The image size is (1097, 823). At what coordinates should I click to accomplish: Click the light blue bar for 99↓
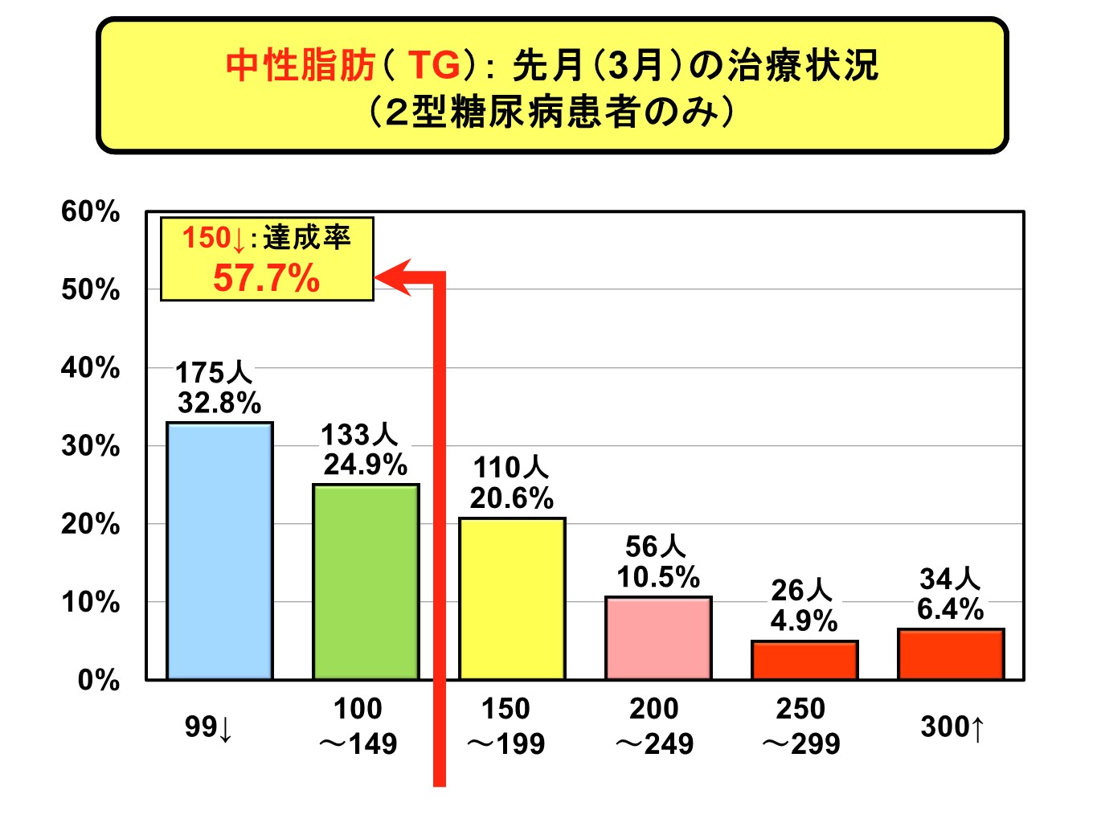click(x=219, y=551)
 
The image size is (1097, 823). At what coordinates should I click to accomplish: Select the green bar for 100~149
click(x=366, y=582)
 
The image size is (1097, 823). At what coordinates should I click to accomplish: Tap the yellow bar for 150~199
click(x=512, y=599)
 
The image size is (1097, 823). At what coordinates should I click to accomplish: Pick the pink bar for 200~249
click(x=658, y=638)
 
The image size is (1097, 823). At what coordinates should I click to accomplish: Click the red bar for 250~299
click(x=804, y=660)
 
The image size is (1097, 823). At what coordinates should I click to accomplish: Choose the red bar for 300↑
click(x=951, y=654)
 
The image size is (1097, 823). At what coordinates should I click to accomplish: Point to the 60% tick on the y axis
click(x=90, y=211)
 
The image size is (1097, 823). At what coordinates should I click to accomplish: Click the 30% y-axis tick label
click(x=90, y=446)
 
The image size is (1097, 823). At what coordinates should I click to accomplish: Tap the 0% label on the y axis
click(x=98, y=681)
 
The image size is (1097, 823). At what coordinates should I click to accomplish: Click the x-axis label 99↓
click(x=208, y=727)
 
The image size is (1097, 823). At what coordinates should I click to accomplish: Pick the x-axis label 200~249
click(x=654, y=727)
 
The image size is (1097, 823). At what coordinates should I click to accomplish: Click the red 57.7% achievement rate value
click(x=266, y=278)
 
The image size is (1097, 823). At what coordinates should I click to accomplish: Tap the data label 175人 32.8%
click(x=219, y=387)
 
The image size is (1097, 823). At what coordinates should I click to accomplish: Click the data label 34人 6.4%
click(x=950, y=594)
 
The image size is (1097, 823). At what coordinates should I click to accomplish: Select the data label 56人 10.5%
click(x=657, y=562)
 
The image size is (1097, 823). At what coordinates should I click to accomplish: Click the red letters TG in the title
click(x=435, y=65)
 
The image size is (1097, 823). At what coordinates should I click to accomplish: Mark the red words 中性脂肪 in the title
click(x=300, y=65)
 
